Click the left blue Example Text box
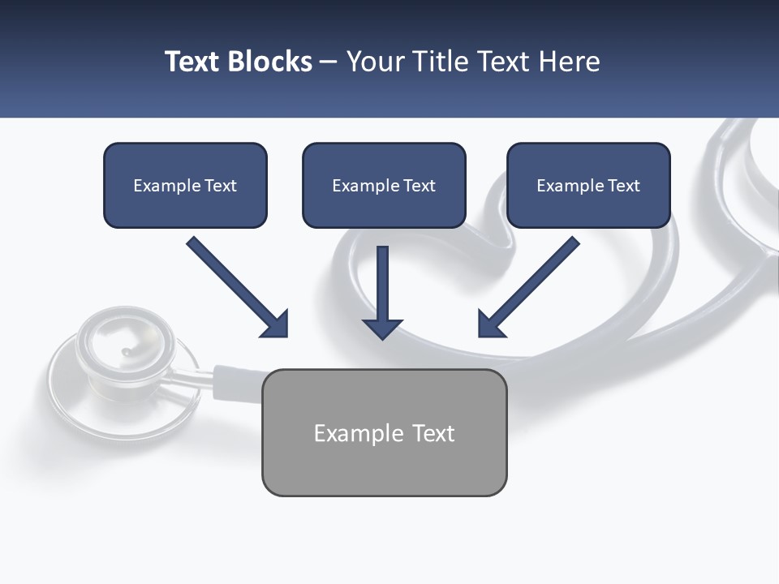click(x=185, y=186)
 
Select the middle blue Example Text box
click(x=384, y=186)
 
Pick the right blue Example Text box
click(x=588, y=186)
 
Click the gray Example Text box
click(x=384, y=432)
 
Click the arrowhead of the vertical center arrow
click(x=383, y=328)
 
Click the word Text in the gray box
click(x=432, y=433)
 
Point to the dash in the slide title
click(x=329, y=62)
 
